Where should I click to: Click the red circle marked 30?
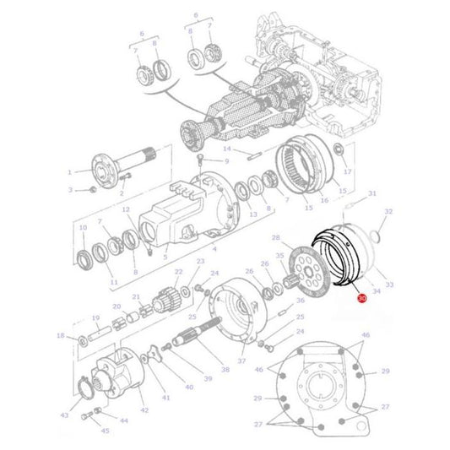tap(362, 298)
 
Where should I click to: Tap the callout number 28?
tap(275, 239)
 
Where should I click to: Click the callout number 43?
tap(64, 415)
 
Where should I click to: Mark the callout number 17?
tap(347, 171)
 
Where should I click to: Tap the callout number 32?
tap(388, 211)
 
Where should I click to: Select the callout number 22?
tap(178, 272)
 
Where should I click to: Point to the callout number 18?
tap(60, 336)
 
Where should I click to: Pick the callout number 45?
tap(105, 431)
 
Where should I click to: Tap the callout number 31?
tap(372, 193)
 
